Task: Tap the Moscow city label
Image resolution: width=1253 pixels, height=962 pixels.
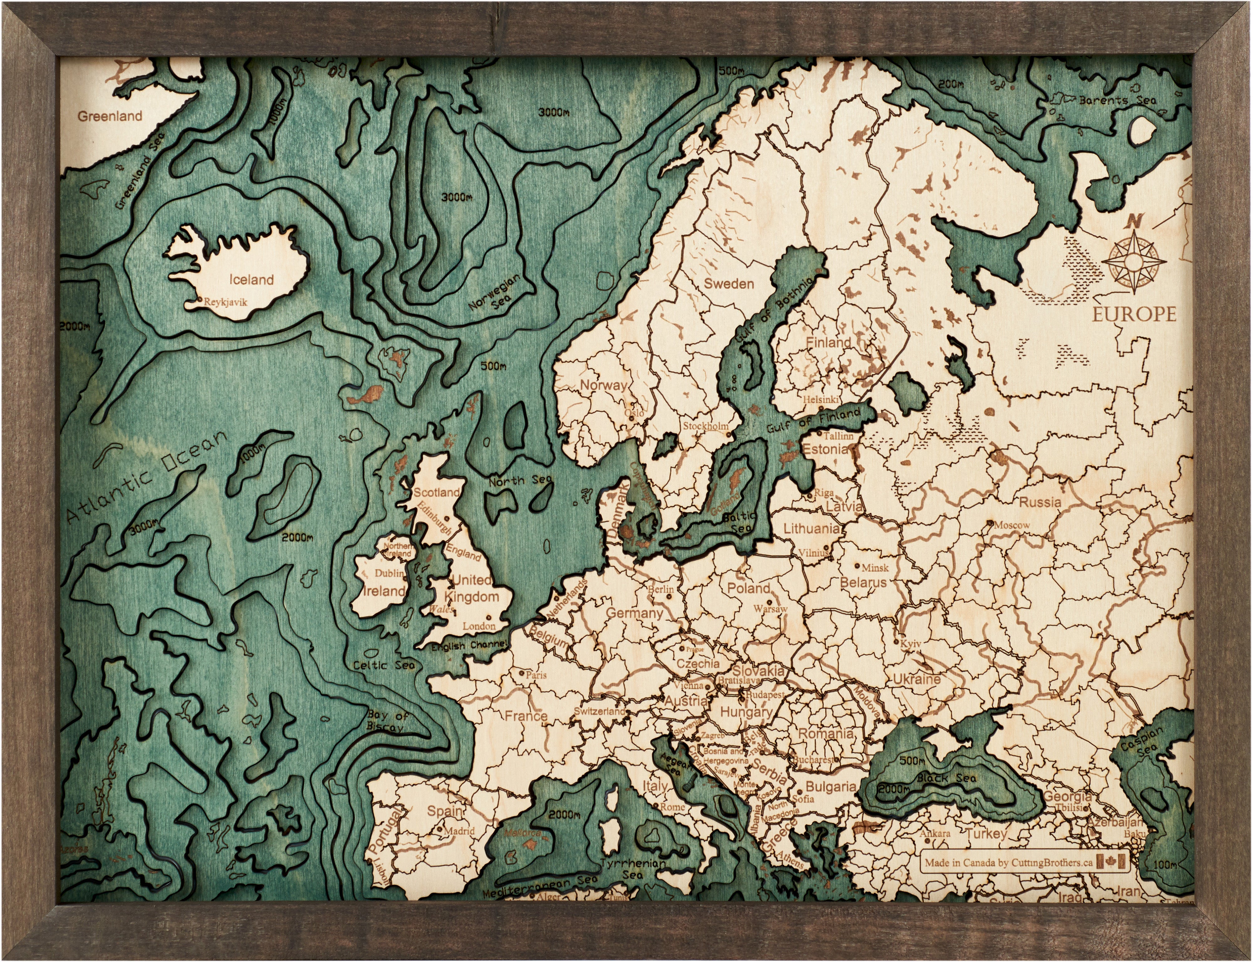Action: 1011,524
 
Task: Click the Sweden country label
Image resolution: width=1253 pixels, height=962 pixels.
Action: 729,283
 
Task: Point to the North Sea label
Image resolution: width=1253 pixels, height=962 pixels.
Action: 520,481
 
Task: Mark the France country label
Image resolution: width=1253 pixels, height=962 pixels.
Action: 526,716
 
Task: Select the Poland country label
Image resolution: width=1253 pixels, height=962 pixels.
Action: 748,588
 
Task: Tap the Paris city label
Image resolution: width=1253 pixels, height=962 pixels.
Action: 536,675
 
